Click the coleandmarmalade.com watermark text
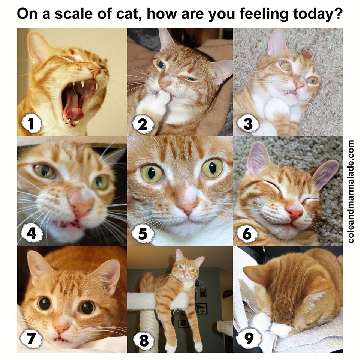pos(351,191)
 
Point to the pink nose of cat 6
pos(295,213)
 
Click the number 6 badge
pos(247,233)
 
